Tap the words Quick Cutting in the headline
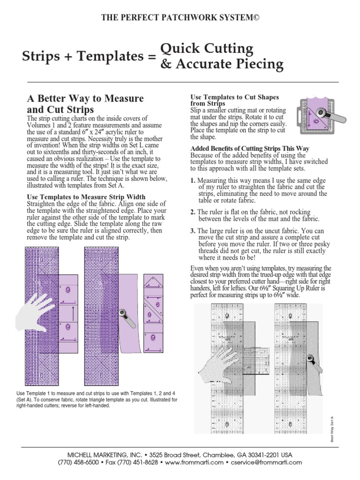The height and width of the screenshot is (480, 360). [x=207, y=48]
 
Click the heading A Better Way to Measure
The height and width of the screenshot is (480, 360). [x=85, y=98]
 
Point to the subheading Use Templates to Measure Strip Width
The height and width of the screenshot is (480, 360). [x=86, y=196]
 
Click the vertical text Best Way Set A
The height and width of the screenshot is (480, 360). [x=331, y=429]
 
